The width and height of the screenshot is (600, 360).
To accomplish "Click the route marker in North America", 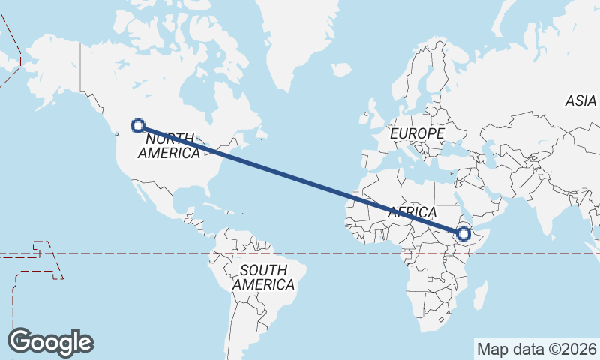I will coord(137,126).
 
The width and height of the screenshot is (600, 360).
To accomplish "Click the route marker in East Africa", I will coord(463,234).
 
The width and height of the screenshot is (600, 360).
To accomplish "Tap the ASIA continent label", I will coord(580,100).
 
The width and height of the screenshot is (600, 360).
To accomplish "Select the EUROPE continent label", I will coord(418,133).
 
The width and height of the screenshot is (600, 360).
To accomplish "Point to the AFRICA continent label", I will coord(412,212).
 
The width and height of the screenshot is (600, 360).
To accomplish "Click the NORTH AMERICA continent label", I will coord(169,146).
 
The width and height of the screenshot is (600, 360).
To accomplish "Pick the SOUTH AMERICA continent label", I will coord(263,277).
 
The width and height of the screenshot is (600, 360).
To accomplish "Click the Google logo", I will coord(51,342).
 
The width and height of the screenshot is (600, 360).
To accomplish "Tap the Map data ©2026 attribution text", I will coord(537,349).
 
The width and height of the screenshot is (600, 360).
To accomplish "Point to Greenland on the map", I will coord(300,45).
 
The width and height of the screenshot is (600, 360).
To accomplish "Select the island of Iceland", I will coord(341,70).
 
